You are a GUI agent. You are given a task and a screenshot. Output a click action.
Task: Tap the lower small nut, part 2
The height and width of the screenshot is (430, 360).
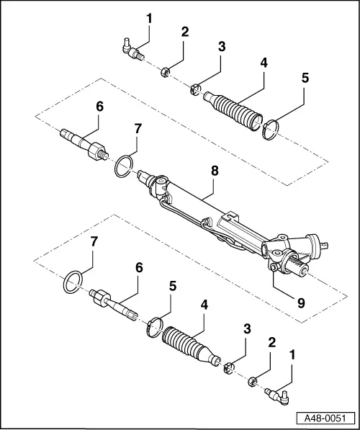point(253,382)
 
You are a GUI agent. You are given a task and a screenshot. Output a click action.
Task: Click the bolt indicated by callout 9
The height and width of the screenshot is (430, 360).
point(274,270)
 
